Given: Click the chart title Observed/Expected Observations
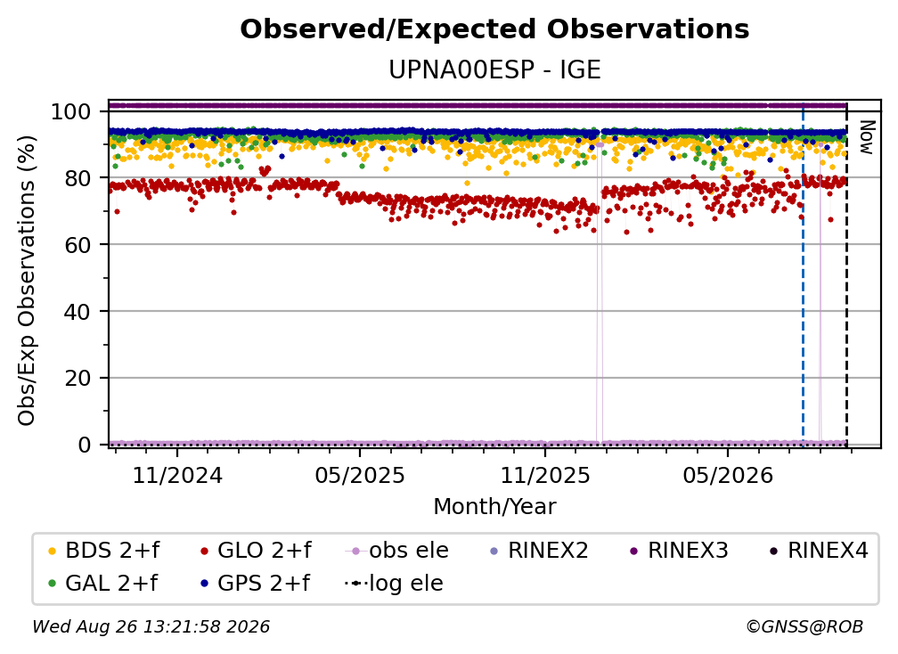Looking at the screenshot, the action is [494, 29].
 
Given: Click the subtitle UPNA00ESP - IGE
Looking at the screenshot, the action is [494, 69].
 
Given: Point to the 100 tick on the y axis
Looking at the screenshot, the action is [71, 111].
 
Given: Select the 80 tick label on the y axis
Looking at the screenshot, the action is [78, 178].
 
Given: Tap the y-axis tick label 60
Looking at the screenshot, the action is [78, 244].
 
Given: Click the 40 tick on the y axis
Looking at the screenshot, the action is [78, 312].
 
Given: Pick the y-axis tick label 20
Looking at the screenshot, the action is [78, 378].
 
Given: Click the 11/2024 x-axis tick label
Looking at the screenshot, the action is [177, 475].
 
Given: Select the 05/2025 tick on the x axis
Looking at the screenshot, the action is [360, 475].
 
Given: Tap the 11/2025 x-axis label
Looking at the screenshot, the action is [545, 475].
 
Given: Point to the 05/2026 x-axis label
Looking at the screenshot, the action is [728, 475].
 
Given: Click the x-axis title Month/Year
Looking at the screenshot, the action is [494, 507].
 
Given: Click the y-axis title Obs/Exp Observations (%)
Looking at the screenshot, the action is [27, 280].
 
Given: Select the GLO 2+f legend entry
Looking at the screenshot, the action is [256, 551].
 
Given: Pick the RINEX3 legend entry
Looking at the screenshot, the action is [679, 551].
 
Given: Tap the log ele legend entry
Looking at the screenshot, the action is [394, 583].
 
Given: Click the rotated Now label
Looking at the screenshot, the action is [867, 137].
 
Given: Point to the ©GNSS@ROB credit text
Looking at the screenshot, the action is [804, 626].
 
